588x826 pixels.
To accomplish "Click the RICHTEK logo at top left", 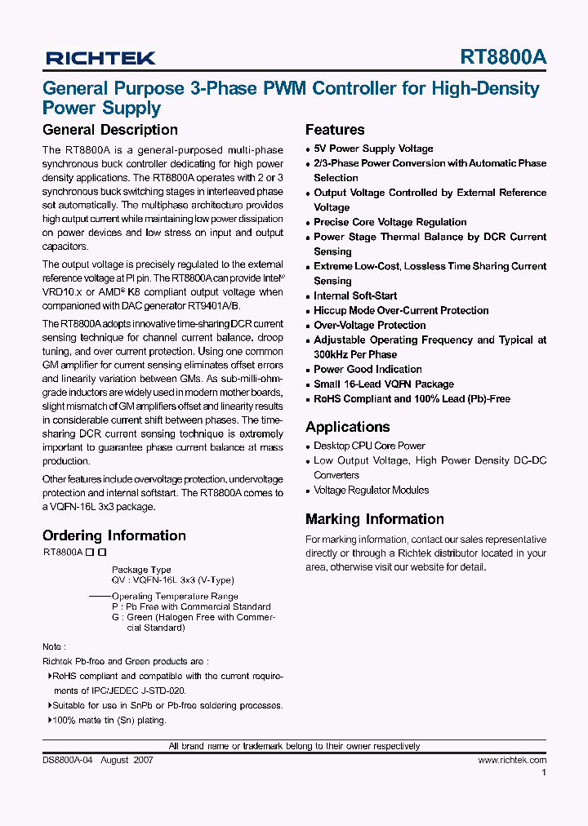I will pyautogui.click(x=100, y=57).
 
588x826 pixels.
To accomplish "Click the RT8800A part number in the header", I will pyautogui.click(x=503, y=57).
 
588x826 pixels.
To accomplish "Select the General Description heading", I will pyautogui.click(x=109, y=130).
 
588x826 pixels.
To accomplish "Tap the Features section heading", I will pyautogui.click(x=335, y=130).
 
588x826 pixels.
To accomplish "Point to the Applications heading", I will pyautogui.click(x=347, y=427).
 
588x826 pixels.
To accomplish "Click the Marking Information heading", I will pyautogui.click(x=374, y=519).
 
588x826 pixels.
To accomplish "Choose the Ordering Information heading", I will pyautogui.click(x=114, y=535).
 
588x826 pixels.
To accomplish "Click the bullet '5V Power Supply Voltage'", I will pyautogui.click(x=373, y=149).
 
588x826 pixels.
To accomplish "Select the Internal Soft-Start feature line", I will pyautogui.click(x=355, y=295).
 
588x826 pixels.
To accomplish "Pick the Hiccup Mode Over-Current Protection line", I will pyautogui.click(x=401, y=310).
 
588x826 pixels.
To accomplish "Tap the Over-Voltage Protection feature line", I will pyautogui.click(x=370, y=325).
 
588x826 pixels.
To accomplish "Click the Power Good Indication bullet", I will pyautogui.click(x=367, y=369).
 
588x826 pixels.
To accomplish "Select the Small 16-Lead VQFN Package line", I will pyautogui.click(x=384, y=384).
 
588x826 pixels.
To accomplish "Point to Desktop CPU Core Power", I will pyautogui.click(x=369, y=446).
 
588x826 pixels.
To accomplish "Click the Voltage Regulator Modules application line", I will pyautogui.click(x=371, y=490).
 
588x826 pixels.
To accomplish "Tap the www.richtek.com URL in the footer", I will pyautogui.click(x=512, y=760).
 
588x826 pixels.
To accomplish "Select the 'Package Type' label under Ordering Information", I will pyautogui.click(x=141, y=570).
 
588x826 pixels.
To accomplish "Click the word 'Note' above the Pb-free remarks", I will pyautogui.click(x=51, y=646).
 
